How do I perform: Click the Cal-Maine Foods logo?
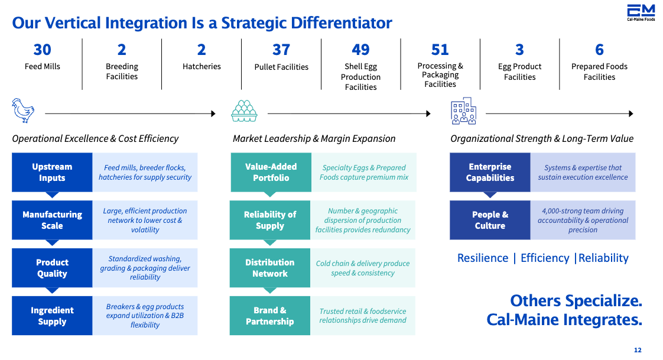[641, 12]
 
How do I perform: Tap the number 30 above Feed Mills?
[43, 50]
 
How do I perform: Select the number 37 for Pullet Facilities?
[281, 50]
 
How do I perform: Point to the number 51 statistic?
[440, 50]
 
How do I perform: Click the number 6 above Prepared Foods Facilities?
[599, 50]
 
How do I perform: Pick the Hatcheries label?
[201, 66]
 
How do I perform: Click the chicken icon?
[23, 111]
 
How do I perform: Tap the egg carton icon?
[244, 111]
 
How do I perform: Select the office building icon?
[463, 111]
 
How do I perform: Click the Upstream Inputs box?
[52, 173]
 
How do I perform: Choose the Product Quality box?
[52, 268]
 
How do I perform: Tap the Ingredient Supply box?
[52, 316]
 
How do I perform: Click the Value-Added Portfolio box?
[271, 173]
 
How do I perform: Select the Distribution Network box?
[270, 268]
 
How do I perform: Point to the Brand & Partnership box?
[270, 316]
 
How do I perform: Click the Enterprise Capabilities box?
[490, 173]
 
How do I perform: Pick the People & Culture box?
[490, 220]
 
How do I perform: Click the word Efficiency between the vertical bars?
[545, 258]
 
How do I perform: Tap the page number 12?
[638, 350]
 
